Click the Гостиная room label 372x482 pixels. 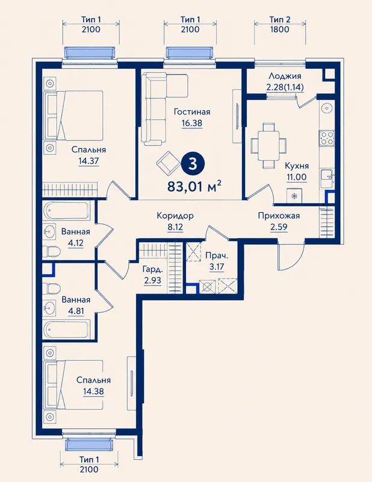(192, 111)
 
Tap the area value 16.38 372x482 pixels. (191, 124)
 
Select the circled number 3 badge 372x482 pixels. (192, 164)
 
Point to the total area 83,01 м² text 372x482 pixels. (194, 186)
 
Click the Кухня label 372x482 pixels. (297, 166)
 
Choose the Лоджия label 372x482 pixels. (285, 76)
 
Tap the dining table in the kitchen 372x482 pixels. (269, 145)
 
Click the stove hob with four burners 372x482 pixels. (326, 138)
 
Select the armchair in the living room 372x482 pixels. (169, 162)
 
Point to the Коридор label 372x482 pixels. (175, 216)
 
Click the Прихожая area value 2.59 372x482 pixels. (279, 228)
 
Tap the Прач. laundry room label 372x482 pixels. (217, 255)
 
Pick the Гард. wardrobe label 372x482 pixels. (153, 269)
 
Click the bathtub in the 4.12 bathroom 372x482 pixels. (66, 211)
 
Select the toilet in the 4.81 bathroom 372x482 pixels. (51, 288)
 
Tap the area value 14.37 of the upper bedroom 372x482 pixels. (88, 161)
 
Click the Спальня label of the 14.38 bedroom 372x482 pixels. (93, 380)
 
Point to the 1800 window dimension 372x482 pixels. (280, 30)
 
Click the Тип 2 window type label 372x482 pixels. (280, 20)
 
